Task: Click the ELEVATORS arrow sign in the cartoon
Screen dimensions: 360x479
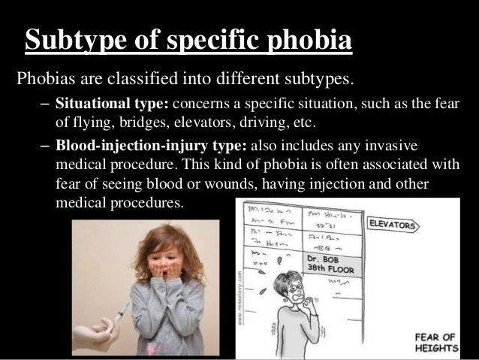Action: click(x=395, y=224)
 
